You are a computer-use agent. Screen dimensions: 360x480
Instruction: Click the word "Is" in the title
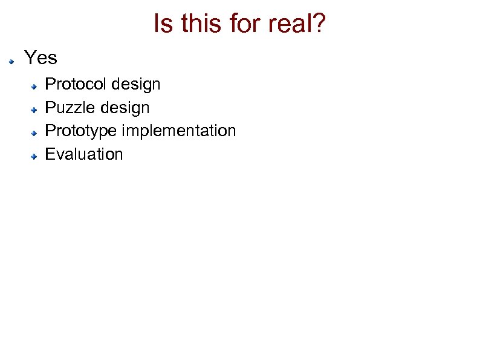(x=162, y=24)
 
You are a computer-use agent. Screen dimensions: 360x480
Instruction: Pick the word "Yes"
(x=41, y=58)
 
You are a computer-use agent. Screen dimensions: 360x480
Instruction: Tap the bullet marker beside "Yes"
(x=11, y=61)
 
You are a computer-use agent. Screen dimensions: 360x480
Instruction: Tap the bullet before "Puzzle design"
(x=36, y=110)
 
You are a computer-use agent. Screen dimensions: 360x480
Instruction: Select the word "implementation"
(x=179, y=131)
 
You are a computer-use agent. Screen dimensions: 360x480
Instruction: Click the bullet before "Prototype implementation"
(x=36, y=133)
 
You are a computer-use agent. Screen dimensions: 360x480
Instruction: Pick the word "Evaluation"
(x=84, y=154)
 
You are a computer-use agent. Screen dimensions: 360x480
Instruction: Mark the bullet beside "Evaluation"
(x=36, y=157)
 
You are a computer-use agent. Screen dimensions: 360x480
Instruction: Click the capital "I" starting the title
(x=157, y=24)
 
